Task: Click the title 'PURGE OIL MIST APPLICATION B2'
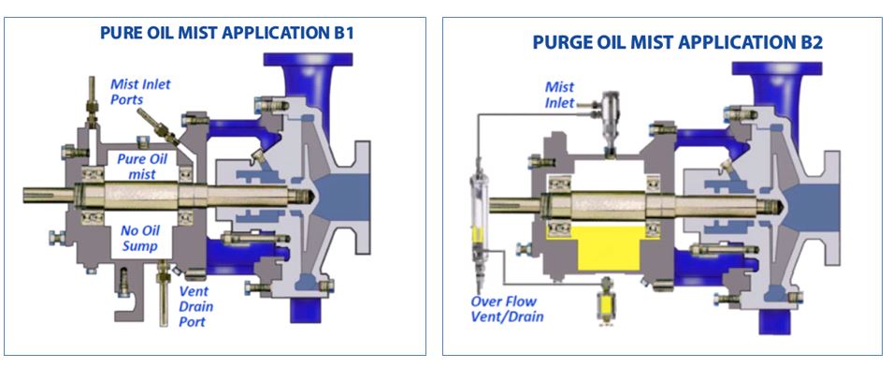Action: pos(665,42)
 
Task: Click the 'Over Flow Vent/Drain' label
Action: pos(507,310)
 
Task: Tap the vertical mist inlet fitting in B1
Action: pos(94,102)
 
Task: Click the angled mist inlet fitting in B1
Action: pos(154,125)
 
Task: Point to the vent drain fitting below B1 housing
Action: pos(165,281)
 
